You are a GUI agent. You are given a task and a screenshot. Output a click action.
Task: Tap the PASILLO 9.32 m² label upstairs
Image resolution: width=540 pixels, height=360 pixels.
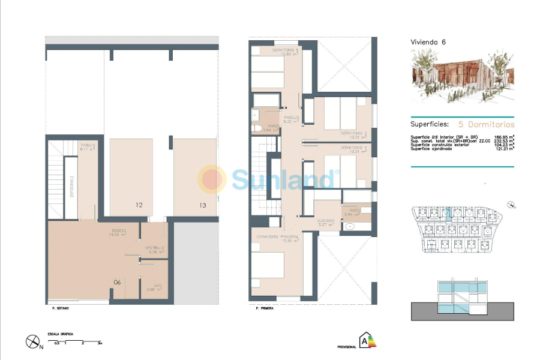pos(292,119)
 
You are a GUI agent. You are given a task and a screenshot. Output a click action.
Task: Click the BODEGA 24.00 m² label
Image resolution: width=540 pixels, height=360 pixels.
pos(118,233)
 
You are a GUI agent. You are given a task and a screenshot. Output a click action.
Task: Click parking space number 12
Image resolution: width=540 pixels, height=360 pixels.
pos(139,205)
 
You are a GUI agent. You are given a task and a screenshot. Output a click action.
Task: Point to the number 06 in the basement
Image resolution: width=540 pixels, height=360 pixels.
pos(117,281)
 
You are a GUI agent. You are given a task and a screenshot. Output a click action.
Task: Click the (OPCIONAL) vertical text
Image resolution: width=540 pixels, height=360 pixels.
pos(71,187)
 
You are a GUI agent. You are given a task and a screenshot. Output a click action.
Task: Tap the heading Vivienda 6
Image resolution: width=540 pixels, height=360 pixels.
pos(428,42)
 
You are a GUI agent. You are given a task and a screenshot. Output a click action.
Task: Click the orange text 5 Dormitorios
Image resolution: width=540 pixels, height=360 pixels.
pos(486,125)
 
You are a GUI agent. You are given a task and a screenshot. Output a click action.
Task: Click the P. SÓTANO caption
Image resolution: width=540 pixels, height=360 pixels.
pos(61,308)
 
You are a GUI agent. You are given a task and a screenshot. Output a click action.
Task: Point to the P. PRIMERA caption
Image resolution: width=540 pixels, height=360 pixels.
pos(264,308)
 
